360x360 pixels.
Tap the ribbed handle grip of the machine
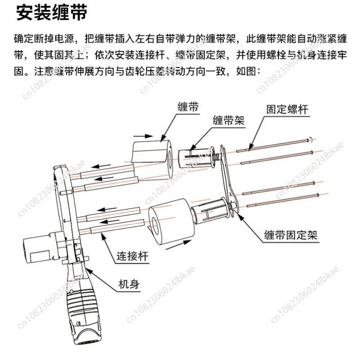83,302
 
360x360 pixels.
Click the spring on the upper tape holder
216,157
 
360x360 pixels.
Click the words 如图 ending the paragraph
242,71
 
